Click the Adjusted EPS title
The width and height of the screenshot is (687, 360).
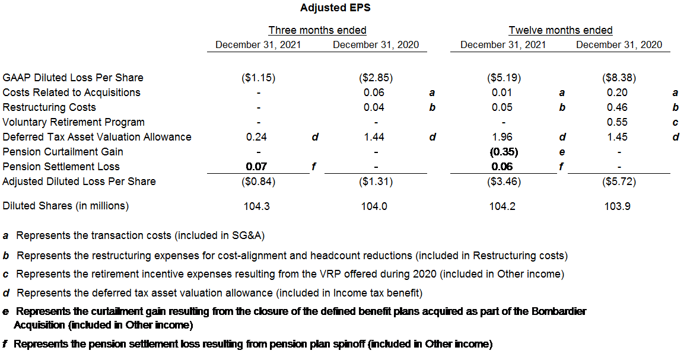click(335, 8)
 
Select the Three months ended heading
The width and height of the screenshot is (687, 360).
click(317, 30)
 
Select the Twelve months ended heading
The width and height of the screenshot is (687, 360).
click(561, 30)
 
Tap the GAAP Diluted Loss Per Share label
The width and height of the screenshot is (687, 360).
click(73, 78)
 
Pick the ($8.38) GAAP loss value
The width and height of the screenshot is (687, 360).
click(619, 78)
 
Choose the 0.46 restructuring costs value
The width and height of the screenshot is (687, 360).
click(619, 107)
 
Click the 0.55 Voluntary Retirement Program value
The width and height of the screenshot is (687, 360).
click(619, 122)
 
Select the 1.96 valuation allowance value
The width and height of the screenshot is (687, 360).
click(502, 137)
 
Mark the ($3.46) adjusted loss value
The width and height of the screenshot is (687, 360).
click(502, 181)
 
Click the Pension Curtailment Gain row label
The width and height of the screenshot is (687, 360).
click(63, 152)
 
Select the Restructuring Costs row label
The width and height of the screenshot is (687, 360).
click(49, 107)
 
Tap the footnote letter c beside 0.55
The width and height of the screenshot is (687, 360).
click(675, 122)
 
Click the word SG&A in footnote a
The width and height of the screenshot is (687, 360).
click(246, 236)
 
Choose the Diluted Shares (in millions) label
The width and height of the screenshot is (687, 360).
click(65, 206)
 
